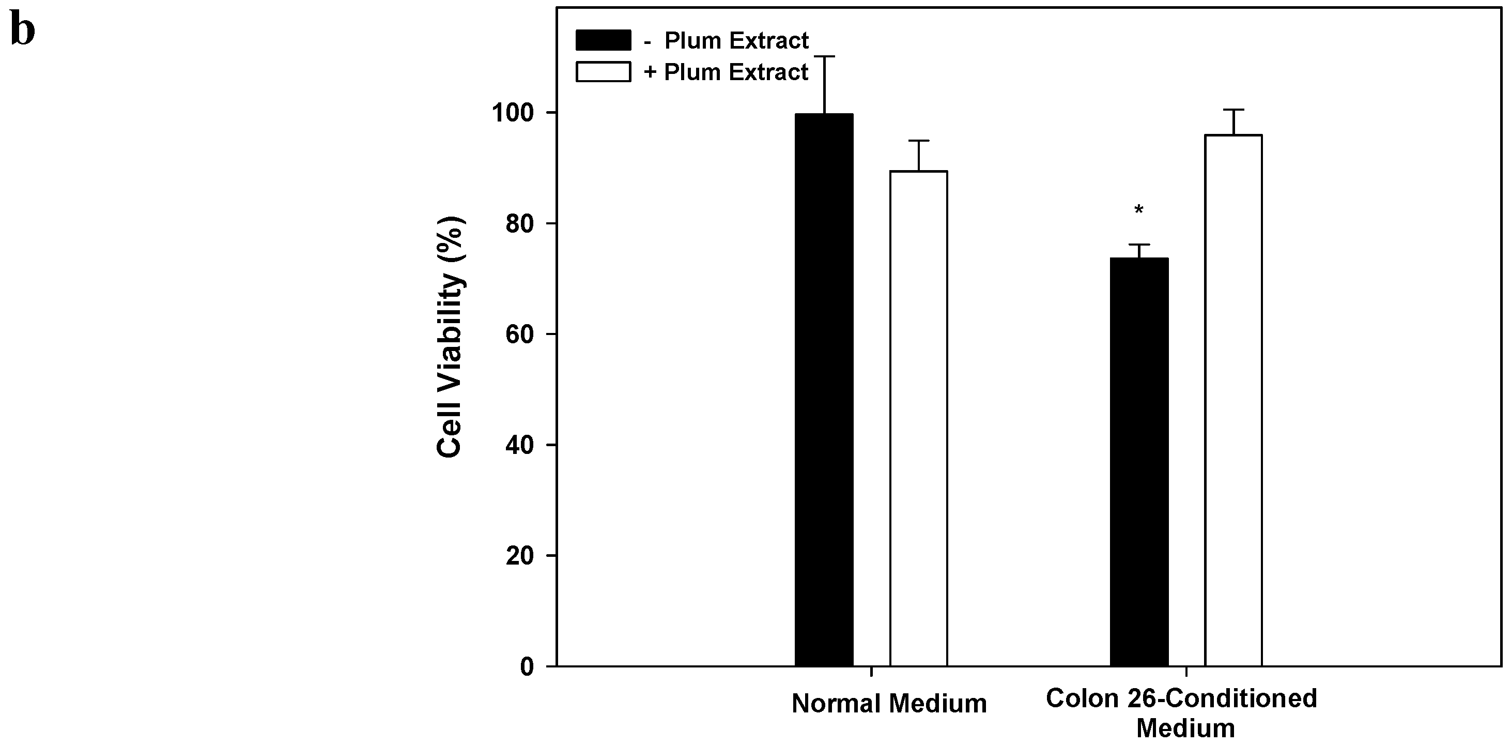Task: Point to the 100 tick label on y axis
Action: (516, 113)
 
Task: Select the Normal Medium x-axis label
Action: (889, 703)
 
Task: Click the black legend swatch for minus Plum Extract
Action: (603, 40)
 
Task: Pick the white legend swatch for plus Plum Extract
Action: (603, 72)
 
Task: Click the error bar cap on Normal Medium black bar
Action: (824, 56)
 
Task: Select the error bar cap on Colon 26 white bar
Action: (1234, 110)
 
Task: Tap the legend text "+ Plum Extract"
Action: (726, 72)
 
